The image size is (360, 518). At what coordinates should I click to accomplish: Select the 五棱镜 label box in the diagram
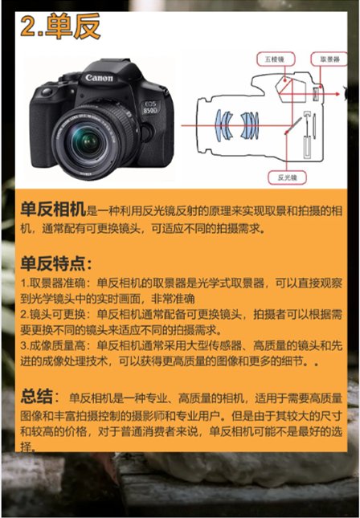[x=275, y=59]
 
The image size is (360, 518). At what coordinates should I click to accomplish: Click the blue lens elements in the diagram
[x=236, y=124]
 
